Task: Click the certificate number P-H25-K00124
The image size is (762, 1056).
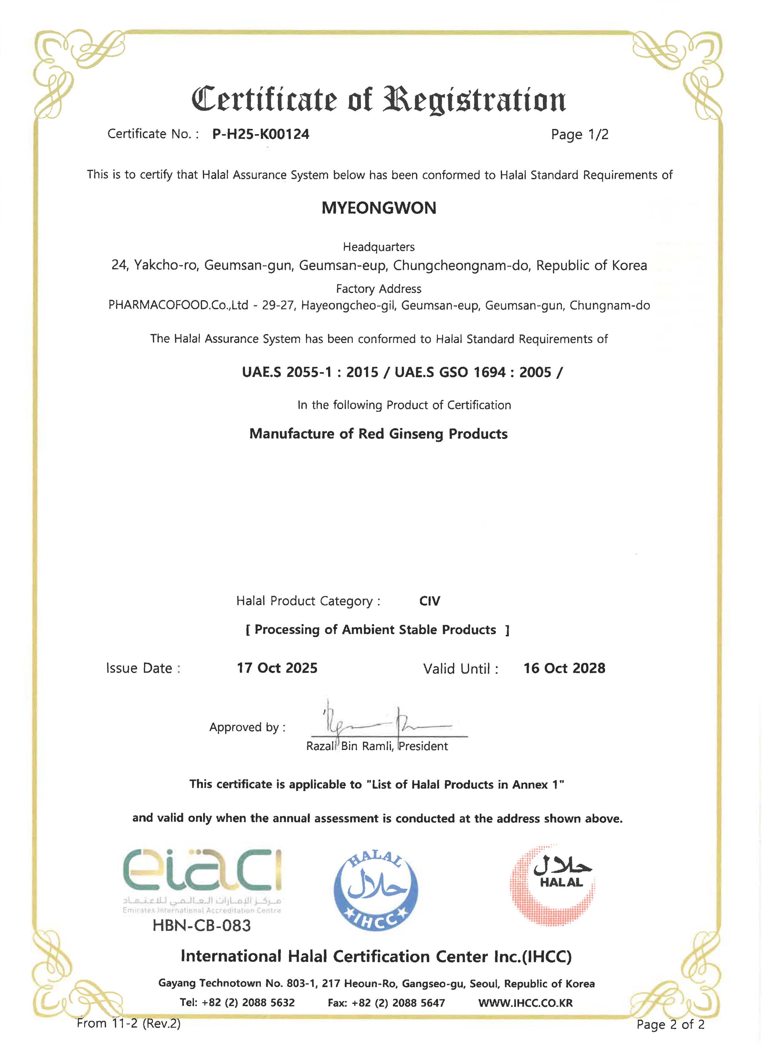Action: [261, 134]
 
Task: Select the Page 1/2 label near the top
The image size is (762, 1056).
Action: [579, 135]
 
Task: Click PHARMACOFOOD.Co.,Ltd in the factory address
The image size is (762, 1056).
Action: [178, 305]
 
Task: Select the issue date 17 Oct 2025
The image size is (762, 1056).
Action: [277, 668]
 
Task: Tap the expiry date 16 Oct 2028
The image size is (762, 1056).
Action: [564, 668]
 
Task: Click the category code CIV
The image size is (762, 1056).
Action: [430, 601]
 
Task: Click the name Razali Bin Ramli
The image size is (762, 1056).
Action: [349, 746]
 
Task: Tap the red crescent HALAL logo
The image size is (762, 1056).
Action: [553, 885]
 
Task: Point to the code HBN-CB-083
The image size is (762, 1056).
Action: [202, 926]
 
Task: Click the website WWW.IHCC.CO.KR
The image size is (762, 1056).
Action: [525, 1003]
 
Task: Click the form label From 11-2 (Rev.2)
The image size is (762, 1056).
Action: [129, 1023]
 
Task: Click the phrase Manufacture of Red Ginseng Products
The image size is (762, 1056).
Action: [378, 434]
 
